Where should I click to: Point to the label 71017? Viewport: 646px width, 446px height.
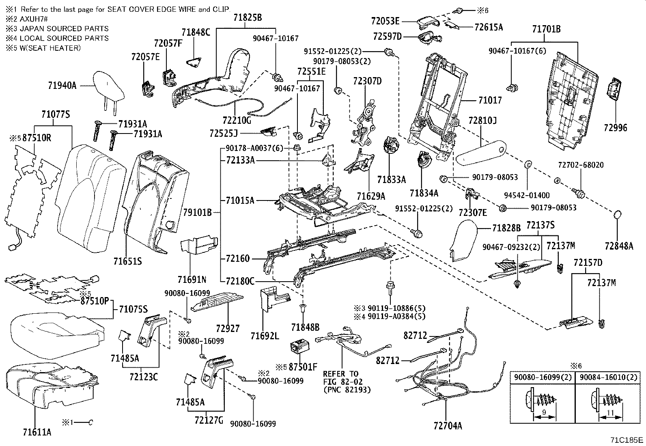(x=489, y=100)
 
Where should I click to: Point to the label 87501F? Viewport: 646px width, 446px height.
(x=302, y=367)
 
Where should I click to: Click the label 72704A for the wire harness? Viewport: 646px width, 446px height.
(x=448, y=425)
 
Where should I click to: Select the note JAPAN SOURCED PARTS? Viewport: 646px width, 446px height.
(x=64, y=28)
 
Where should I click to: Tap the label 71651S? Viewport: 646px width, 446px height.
(x=127, y=261)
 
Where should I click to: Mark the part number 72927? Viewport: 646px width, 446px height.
(x=228, y=327)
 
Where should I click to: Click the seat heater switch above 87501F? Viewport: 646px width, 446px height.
(x=300, y=347)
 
